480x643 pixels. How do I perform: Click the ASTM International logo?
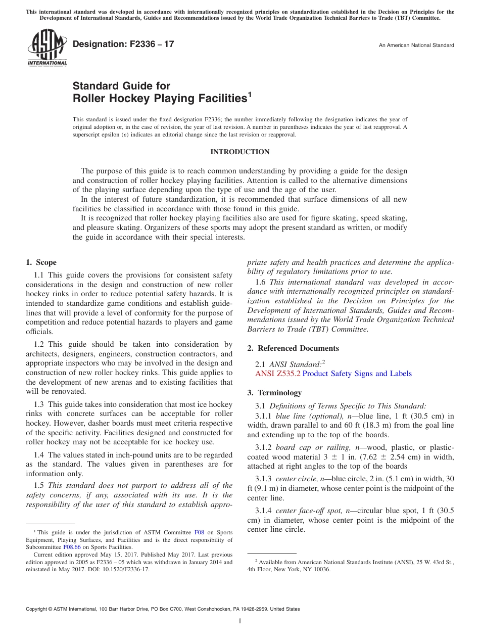click(x=47, y=48)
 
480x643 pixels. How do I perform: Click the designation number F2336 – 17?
click(x=123, y=44)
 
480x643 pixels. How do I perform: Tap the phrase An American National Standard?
click(x=416, y=45)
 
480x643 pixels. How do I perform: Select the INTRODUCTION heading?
click(x=239, y=152)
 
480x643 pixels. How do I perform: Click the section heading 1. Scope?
click(x=41, y=262)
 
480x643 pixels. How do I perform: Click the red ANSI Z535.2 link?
click(x=277, y=374)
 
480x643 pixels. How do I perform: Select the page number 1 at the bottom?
click(x=240, y=621)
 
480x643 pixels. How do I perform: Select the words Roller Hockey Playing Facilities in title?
click(x=160, y=99)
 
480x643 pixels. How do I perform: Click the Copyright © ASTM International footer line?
click(x=163, y=609)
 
